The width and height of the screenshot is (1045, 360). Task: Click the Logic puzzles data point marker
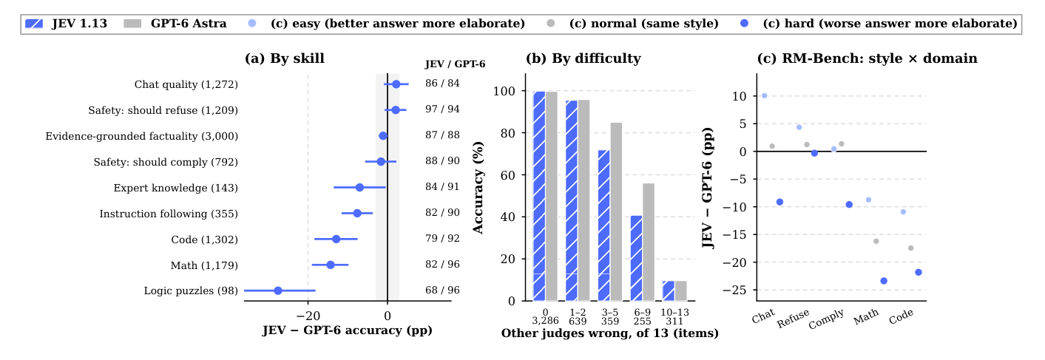coord(278,291)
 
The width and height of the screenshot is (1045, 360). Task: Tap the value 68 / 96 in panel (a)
coord(442,290)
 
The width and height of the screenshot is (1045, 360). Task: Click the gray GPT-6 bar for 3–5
coord(616,211)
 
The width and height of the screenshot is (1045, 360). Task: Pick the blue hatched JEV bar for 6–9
coord(636,258)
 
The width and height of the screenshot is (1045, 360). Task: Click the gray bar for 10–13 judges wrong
coord(680,291)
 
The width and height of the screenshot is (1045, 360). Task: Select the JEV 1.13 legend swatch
coord(34,24)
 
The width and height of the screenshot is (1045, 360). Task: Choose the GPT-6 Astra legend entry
coord(175,24)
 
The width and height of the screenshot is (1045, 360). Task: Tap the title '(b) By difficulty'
coord(584,58)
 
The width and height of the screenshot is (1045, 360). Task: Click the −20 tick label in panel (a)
coord(308,316)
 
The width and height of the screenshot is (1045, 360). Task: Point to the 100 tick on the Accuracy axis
coord(504,91)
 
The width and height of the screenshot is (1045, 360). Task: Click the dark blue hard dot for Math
coord(884,281)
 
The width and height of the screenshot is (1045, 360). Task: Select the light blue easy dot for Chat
coord(764,95)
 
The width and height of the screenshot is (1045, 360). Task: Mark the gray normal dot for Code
coord(910,248)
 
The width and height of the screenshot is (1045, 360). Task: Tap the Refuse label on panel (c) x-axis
coord(793,318)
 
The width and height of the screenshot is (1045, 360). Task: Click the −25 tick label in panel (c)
coord(734,290)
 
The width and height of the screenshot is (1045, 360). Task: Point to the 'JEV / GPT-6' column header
coord(455,64)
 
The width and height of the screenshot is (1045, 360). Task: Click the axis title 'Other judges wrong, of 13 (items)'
coord(609,333)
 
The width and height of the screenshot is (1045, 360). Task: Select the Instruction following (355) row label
coord(169,214)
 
